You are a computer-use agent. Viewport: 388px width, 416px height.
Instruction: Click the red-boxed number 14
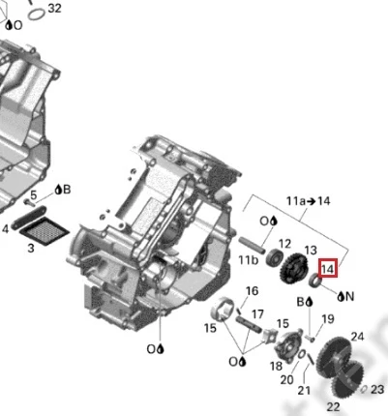[328, 268]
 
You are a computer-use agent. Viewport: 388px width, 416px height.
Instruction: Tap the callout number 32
[54, 8]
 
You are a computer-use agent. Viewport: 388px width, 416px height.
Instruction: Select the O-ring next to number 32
[36, 14]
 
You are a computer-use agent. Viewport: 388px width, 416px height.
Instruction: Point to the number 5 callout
[34, 194]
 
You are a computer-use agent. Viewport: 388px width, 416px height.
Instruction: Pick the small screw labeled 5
[30, 203]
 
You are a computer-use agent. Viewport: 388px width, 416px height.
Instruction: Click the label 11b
[249, 259]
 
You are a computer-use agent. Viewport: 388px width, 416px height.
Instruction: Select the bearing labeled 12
[275, 257]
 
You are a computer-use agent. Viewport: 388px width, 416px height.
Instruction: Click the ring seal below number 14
[315, 280]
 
